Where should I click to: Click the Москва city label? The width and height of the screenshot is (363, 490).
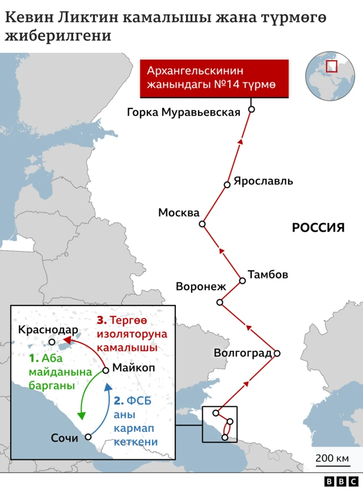(x=179, y=213)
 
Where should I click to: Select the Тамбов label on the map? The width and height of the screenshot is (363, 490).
(x=268, y=275)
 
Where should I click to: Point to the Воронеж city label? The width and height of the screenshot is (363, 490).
(x=201, y=286)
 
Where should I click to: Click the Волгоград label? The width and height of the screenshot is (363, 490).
(x=243, y=353)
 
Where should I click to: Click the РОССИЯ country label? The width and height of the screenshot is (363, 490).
(x=318, y=228)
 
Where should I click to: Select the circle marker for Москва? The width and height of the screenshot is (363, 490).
(x=202, y=224)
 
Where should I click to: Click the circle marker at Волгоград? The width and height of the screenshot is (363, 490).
(x=277, y=353)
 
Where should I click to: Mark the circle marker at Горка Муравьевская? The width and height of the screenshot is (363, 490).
(x=251, y=109)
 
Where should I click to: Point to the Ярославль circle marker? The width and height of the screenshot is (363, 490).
(x=227, y=184)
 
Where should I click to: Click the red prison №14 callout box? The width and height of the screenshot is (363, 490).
(x=215, y=78)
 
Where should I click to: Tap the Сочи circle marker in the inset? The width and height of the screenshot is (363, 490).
(x=88, y=437)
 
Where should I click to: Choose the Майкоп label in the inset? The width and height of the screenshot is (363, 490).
(x=133, y=368)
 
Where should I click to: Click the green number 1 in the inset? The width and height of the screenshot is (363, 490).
(x=32, y=359)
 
